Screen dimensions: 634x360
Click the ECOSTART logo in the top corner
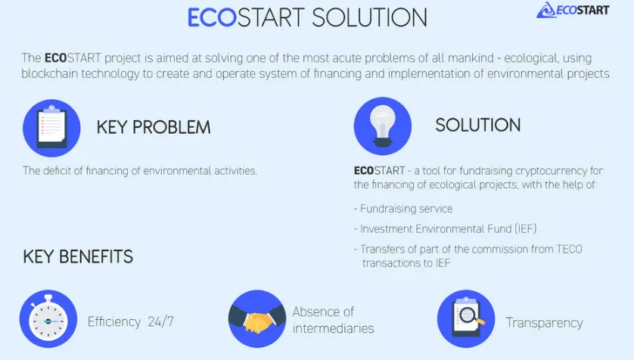[573, 10]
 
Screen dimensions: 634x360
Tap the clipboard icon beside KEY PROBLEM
[51, 128]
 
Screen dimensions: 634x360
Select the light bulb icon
[383, 126]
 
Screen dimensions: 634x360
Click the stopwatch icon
[48, 319]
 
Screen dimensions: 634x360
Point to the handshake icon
[257, 319]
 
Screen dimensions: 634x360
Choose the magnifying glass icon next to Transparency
[466, 319]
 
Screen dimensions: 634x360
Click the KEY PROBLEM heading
[154, 127]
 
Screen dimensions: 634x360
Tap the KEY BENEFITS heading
[78, 256]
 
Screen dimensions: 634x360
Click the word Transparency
[544, 323]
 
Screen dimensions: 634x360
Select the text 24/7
[160, 321]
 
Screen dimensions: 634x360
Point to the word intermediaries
[333, 328]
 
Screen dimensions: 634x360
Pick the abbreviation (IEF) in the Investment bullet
[526, 228]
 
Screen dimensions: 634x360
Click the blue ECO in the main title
[212, 18]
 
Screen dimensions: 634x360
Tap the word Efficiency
[114, 321]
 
